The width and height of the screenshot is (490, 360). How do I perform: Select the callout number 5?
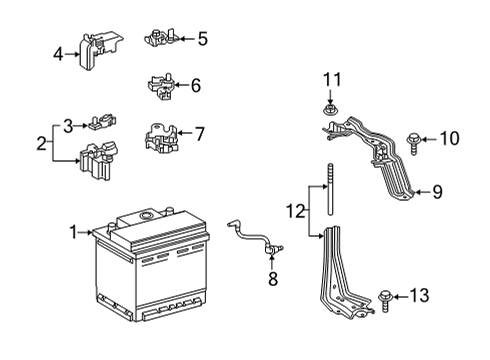pos(203,40)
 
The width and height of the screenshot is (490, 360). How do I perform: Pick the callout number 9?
pos(435,191)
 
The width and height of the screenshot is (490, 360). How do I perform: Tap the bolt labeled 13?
pos(387,295)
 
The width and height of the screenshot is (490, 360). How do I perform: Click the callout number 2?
pos(41,143)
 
